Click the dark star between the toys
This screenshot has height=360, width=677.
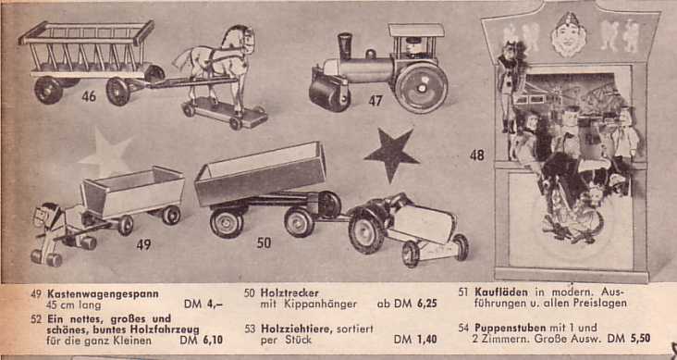[391, 153]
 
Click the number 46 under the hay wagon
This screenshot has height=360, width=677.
[89, 96]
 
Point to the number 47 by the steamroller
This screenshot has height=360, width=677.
[375, 101]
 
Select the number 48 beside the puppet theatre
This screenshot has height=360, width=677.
[477, 155]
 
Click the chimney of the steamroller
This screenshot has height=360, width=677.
[345, 46]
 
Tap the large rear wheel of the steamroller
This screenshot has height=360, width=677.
[421, 88]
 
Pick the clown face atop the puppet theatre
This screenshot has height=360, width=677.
[569, 35]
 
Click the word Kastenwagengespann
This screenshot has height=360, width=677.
[104, 294]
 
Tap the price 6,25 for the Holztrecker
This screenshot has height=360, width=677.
[427, 304]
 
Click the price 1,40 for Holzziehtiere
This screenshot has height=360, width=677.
[427, 340]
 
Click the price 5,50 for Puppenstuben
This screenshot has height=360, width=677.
[640, 339]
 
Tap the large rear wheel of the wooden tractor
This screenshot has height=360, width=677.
[366, 230]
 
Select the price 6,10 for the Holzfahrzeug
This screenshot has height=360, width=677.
[213, 341]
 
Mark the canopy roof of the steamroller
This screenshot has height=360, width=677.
[416, 31]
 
